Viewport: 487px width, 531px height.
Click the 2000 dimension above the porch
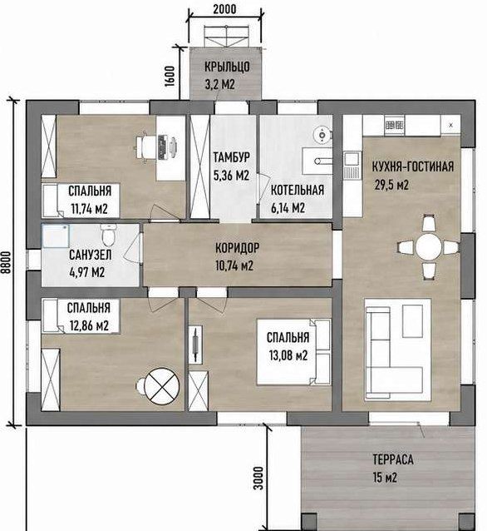[x=224, y=9]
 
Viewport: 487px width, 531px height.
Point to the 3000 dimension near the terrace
[x=258, y=479]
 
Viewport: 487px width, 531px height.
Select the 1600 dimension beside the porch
[x=170, y=76]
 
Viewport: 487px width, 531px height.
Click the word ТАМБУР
[x=232, y=157]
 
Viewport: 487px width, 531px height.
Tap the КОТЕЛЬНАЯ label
[x=298, y=190]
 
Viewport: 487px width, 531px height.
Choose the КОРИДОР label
[x=238, y=248]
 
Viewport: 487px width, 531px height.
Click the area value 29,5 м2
[x=391, y=185]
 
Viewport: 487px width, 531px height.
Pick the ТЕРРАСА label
[x=393, y=459]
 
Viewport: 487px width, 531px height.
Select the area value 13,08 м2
[x=288, y=355]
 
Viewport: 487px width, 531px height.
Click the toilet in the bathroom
[x=109, y=235]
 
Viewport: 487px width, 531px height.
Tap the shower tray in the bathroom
[x=56, y=236]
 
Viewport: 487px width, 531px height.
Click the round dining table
[x=429, y=247]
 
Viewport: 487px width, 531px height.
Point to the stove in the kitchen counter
[x=394, y=126]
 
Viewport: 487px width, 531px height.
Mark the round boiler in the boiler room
[x=322, y=135]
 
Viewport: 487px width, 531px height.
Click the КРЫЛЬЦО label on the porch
[x=227, y=67]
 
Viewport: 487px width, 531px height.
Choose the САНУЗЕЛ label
[x=91, y=255]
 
